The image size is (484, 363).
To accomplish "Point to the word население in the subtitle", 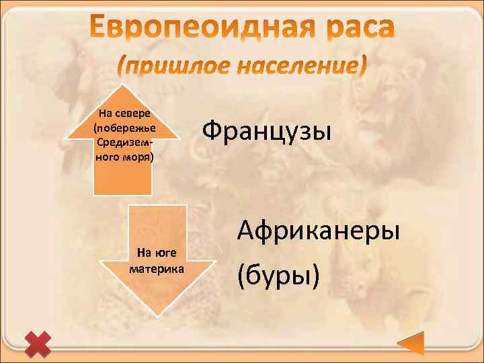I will pyautogui.click(x=297, y=66).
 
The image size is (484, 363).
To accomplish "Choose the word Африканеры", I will pyautogui.click(x=318, y=231).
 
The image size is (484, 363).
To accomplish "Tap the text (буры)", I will pyautogui.click(x=278, y=274).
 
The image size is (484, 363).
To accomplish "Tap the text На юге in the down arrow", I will pyautogui.click(x=155, y=253).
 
